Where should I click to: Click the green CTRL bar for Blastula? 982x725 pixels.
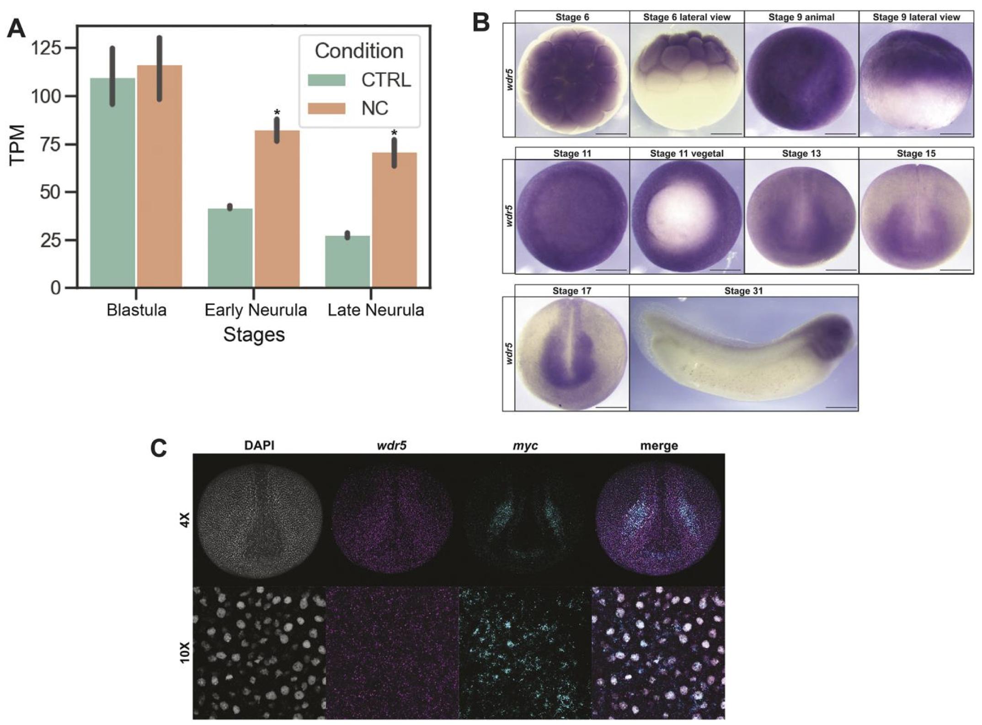pos(112,183)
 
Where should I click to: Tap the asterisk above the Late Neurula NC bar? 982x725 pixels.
pos(394,133)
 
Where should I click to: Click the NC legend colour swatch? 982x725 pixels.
pos(326,108)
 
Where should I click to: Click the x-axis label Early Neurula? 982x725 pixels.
pos(255,310)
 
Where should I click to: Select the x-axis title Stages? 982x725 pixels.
pos(254,335)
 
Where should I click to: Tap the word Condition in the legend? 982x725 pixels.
pos(359,51)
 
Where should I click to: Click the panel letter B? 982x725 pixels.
pos(481,22)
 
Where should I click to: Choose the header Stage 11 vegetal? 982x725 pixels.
pos(687,154)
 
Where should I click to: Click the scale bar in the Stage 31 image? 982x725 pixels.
pos(841,407)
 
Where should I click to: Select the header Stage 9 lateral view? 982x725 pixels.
pos(916,17)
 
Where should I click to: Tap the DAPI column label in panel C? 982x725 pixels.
pos(259,445)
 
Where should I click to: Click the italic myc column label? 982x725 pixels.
pos(525,445)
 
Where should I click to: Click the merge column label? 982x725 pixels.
pos(659,445)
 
